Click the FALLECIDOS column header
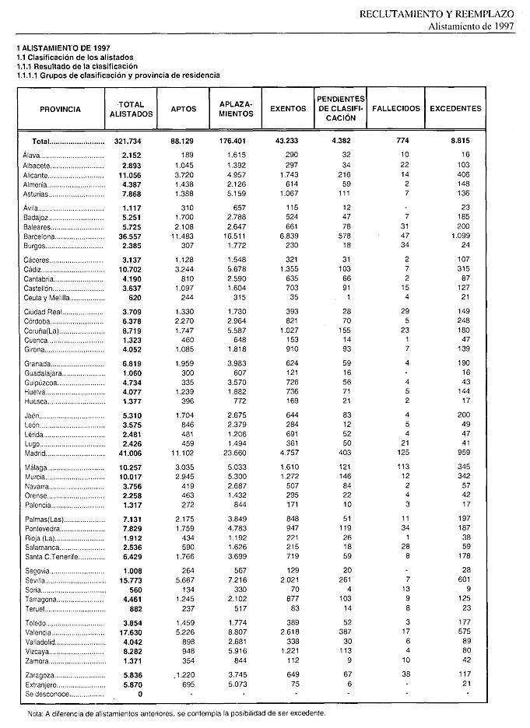[x=396, y=109]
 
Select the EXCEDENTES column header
[x=455, y=109]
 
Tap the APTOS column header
[x=184, y=110]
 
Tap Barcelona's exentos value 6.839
[x=289, y=234]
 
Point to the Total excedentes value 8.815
[x=469, y=142]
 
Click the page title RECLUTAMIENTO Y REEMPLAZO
[x=438, y=14]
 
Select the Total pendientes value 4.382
[x=339, y=142]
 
